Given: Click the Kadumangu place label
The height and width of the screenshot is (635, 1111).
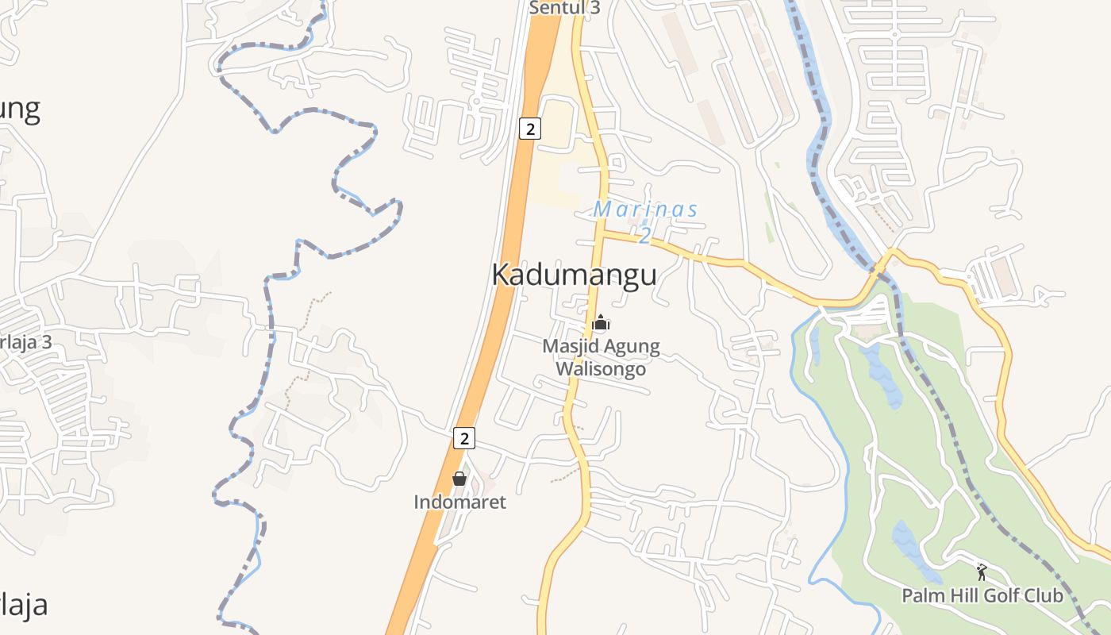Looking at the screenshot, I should (574, 275).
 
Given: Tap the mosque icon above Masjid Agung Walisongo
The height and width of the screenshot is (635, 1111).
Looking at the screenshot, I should (601, 322).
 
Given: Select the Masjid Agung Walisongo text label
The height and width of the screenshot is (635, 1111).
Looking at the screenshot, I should (601, 357).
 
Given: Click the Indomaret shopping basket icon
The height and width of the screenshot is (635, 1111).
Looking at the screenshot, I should (459, 479).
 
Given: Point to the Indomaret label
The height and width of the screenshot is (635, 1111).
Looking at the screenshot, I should (459, 502).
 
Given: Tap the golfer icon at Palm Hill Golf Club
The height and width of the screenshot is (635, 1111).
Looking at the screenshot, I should (982, 571).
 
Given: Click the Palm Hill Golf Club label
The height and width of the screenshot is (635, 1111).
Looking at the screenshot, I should (982, 595).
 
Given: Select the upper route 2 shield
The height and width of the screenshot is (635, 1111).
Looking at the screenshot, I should (530, 129).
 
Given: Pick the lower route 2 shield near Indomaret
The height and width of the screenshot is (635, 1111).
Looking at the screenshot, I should (464, 437).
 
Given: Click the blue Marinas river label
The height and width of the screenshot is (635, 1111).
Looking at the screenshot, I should (646, 210).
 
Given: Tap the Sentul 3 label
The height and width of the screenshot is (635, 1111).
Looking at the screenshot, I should (564, 9).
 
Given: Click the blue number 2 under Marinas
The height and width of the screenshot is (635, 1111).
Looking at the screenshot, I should (645, 235).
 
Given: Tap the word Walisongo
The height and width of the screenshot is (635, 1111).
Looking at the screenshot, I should (600, 369).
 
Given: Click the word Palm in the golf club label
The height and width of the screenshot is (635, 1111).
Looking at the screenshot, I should (919, 595).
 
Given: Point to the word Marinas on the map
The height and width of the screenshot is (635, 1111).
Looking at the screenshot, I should (646, 210).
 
